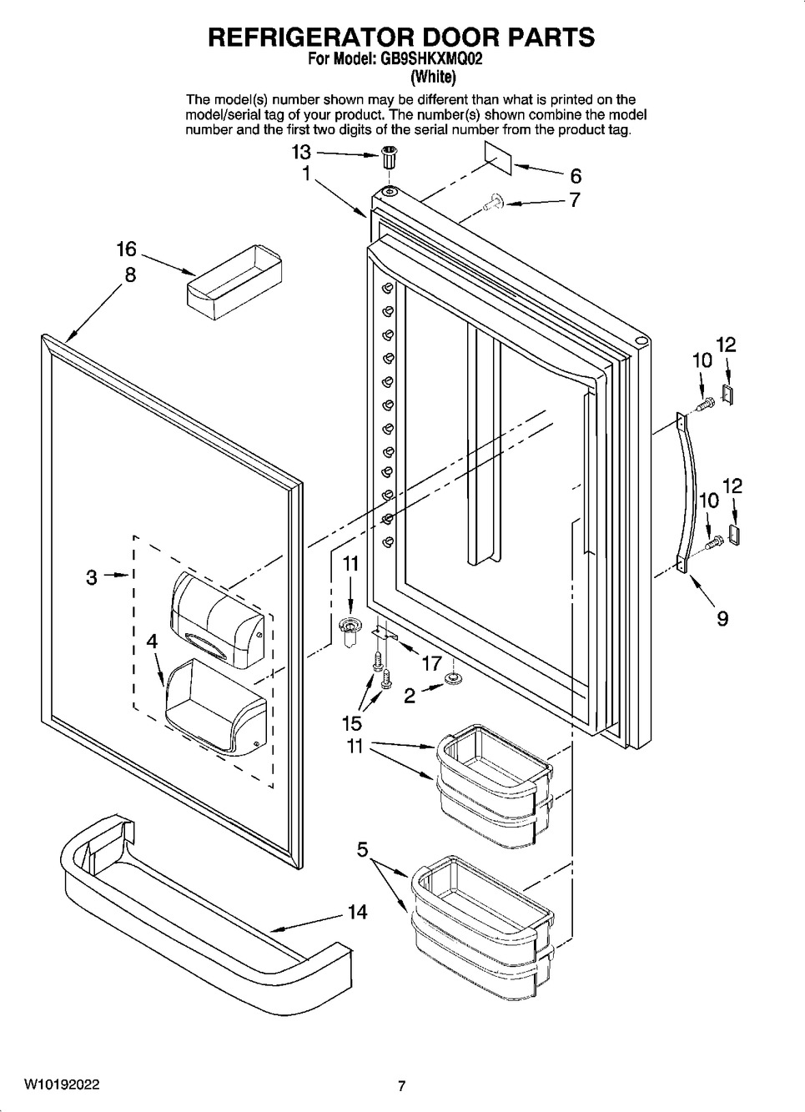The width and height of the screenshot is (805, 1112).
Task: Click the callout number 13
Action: pos(301,152)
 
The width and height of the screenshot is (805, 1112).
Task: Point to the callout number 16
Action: pos(127,249)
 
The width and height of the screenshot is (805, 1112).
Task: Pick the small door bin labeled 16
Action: pos(234,281)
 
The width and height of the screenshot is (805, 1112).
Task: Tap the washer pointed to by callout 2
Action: pos(452,678)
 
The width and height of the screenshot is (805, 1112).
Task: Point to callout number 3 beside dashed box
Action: pos(91,577)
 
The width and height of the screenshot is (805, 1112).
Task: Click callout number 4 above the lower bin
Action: pos(152,642)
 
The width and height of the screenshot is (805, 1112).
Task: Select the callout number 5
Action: pos(362,850)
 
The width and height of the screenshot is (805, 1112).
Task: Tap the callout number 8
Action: pos(130,274)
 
